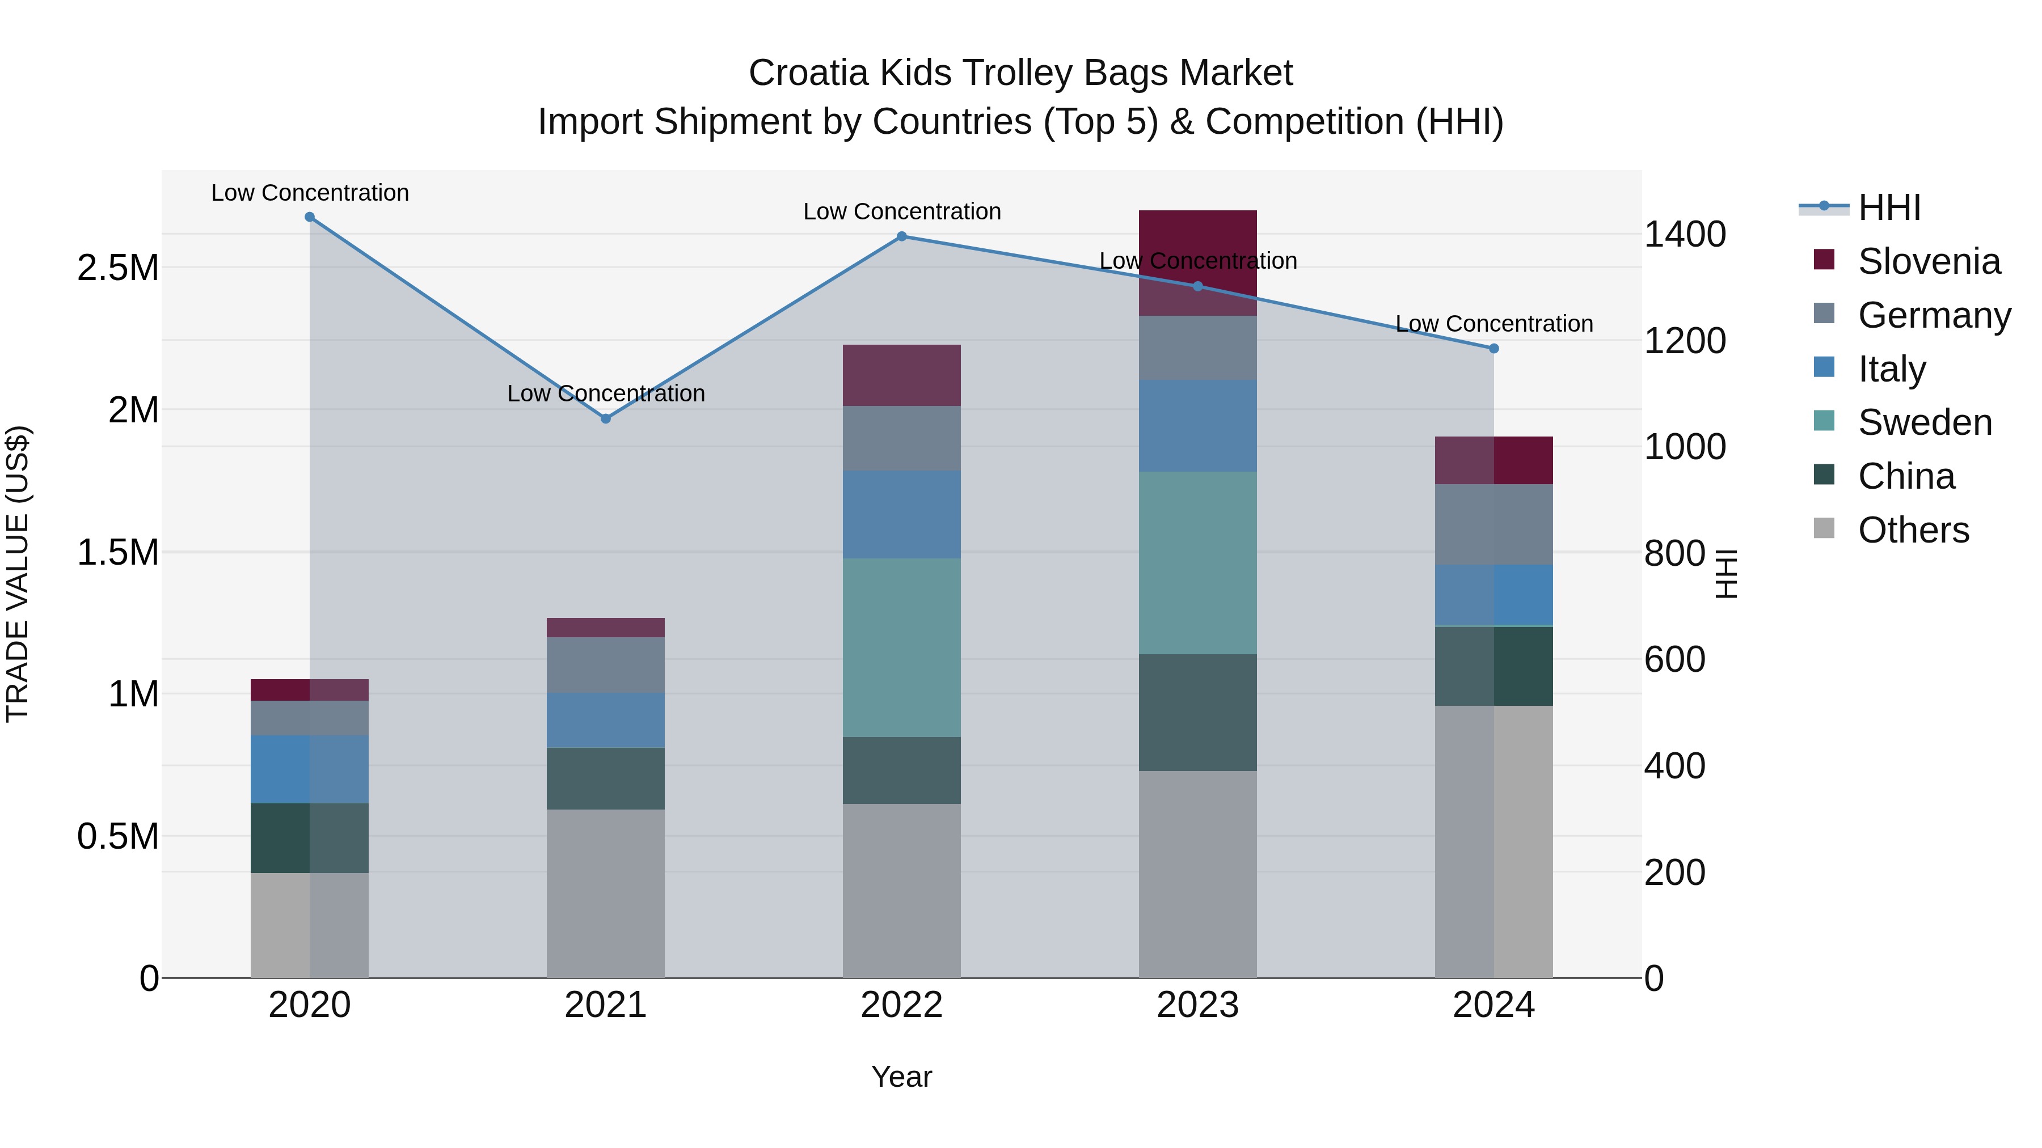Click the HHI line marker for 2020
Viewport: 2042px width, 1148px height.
pyautogui.click(x=310, y=217)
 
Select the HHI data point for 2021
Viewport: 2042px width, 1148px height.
pyautogui.click(x=606, y=418)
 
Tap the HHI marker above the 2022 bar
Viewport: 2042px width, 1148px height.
pyautogui.click(x=901, y=236)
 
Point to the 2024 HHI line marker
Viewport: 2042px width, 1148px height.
pyautogui.click(x=1493, y=349)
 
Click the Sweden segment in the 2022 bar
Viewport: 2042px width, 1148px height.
pyautogui.click(x=901, y=647)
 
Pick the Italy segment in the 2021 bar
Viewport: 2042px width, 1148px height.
pyautogui.click(x=606, y=720)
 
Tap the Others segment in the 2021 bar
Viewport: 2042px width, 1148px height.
pyautogui.click(x=606, y=893)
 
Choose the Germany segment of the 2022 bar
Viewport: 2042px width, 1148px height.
pyautogui.click(x=901, y=438)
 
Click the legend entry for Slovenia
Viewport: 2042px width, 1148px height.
pyautogui.click(x=1929, y=261)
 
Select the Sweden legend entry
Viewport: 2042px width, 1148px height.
pyautogui.click(x=1925, y=422)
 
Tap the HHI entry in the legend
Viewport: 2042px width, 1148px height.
pyautogui.click(x=1889, y=207)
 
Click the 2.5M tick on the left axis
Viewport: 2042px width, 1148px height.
pyautogui.click(x=118, y=268)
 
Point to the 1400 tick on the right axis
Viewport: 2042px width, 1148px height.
pyautogui.click(x=1685, y=235)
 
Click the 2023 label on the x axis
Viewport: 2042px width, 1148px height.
pyautogui.click(x=1197, y=1005)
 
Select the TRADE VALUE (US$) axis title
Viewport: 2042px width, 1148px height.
pyautogui.click(x=18, y=574)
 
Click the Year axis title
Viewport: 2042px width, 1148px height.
pyautogui.click(x=901, y=1077)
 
